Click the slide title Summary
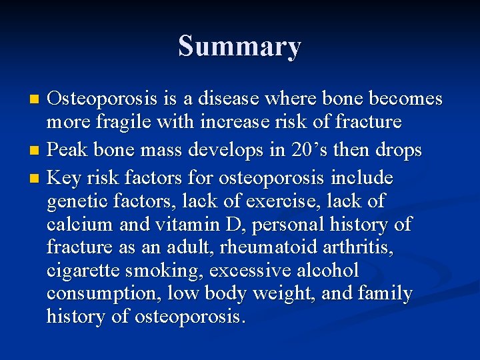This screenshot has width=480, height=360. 239,47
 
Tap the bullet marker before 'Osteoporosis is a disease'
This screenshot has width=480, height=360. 37,99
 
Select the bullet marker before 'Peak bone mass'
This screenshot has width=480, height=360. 37,151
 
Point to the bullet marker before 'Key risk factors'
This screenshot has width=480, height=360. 37,179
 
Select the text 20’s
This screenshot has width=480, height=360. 306,151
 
